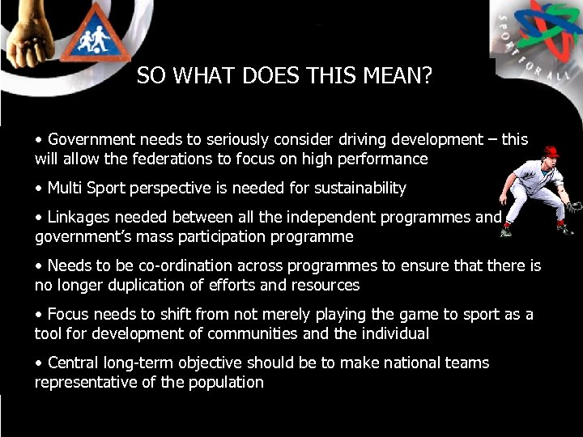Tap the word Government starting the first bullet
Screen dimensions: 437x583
[x=88, y=139]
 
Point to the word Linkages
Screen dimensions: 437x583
[x=78, y=217]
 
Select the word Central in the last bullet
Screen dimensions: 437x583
[x=74, y=363]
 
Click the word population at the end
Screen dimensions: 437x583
[x=227, y=382]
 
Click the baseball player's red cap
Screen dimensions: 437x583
[x=551, y=151]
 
